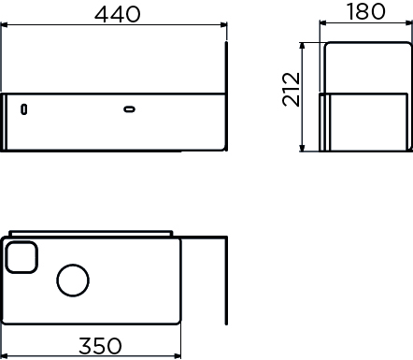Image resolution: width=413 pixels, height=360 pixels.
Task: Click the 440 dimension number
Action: coord(118,14)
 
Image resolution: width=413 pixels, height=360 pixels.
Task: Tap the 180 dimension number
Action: coord(366,11)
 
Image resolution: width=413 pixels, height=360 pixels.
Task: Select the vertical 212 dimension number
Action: coord(292,90)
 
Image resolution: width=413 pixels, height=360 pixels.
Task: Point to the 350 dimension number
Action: coord(100,346)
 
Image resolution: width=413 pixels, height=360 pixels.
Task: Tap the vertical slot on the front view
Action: coord(23,109)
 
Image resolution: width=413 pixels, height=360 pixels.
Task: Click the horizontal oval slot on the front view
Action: coord(129,109)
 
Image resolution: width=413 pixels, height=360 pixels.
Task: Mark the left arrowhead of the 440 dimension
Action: coord(5,24)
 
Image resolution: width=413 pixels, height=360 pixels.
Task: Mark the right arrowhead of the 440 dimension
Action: coord(223,24)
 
